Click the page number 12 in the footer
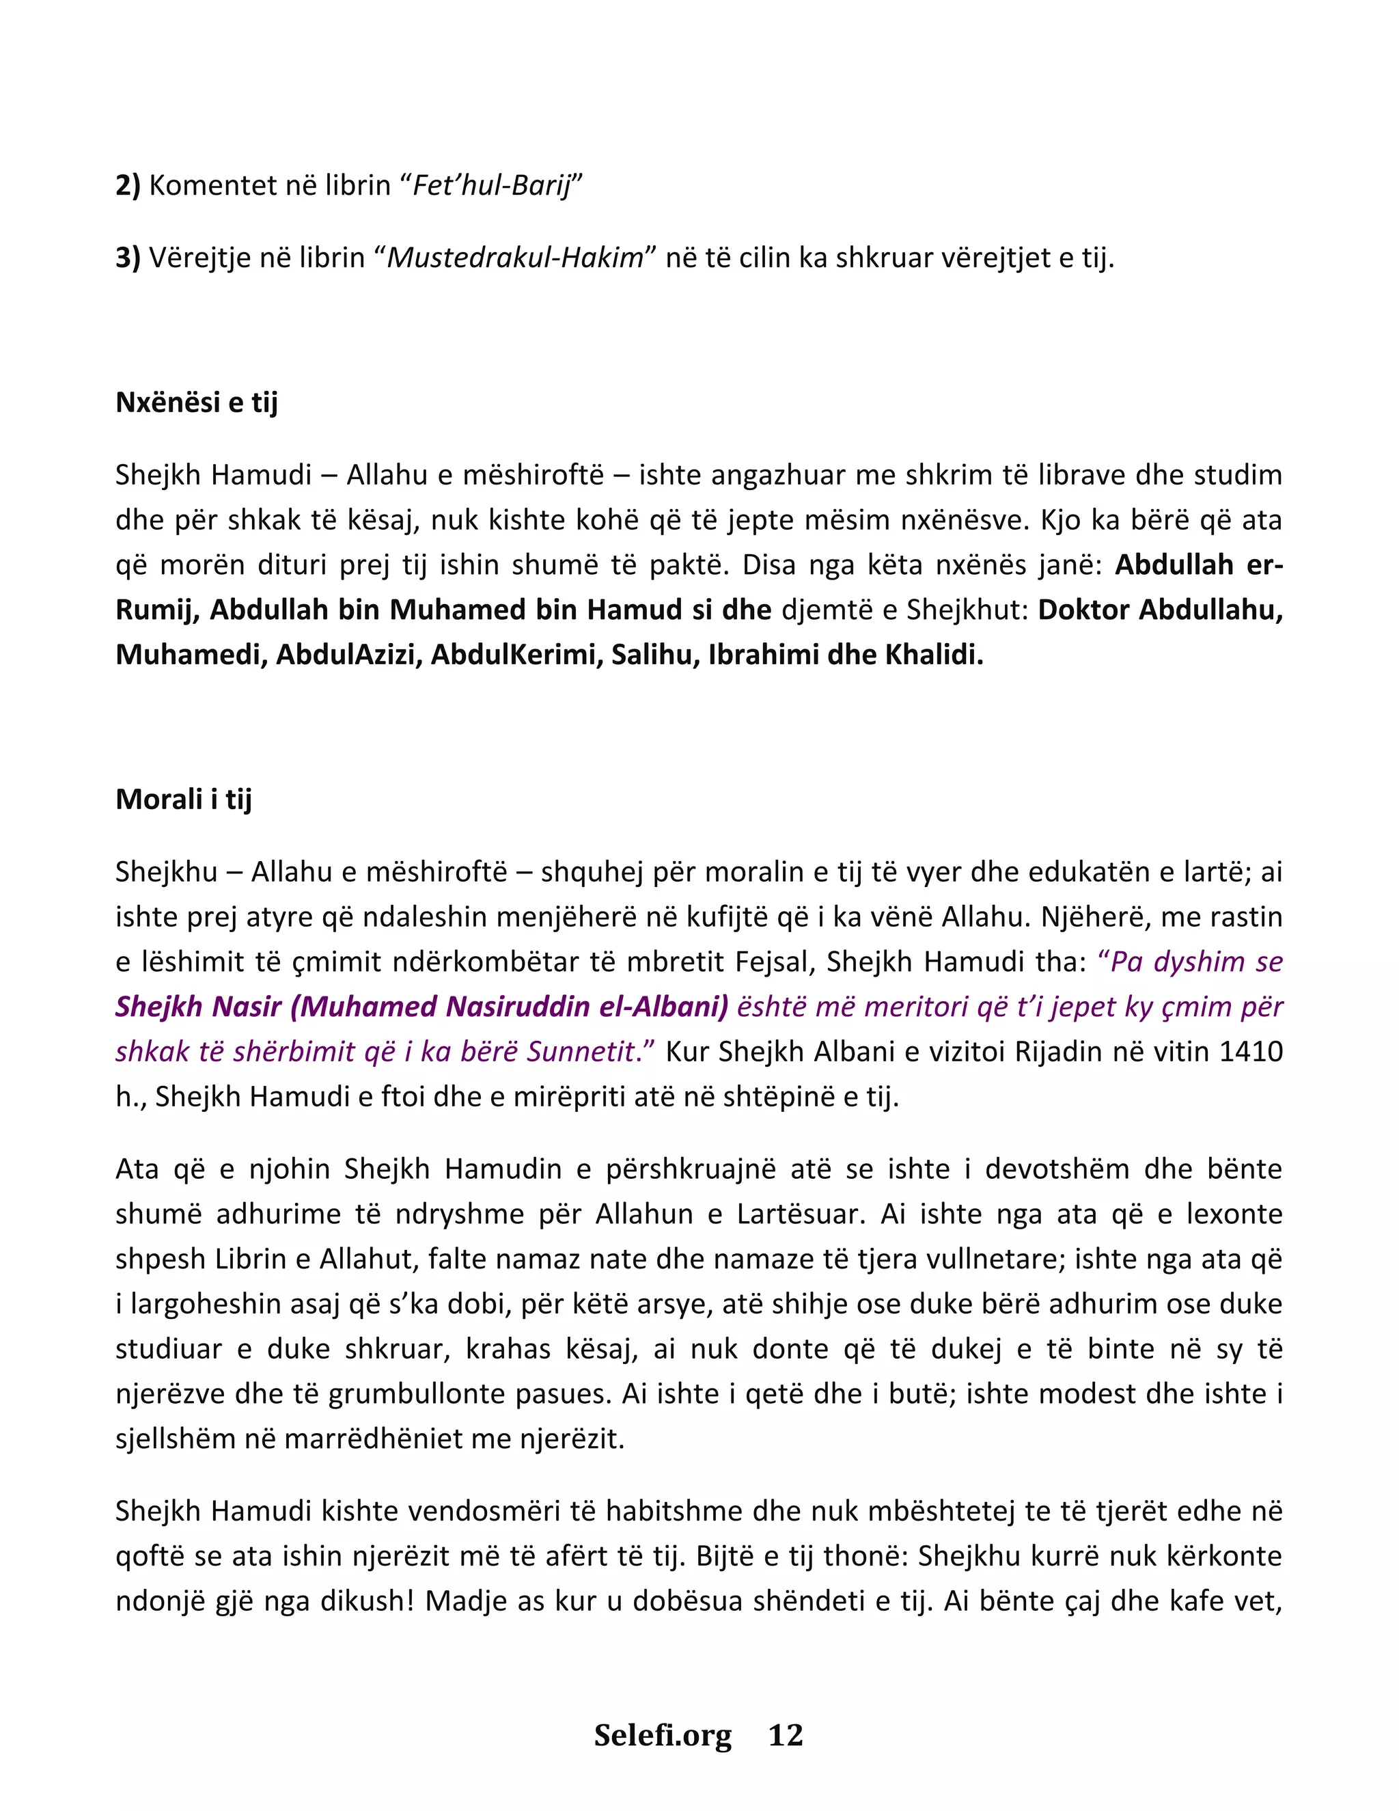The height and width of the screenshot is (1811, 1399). point(786,1734)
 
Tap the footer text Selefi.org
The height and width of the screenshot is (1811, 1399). point(663,1734)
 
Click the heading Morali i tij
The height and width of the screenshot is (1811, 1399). point(183,800)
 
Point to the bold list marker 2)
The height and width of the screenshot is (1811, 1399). point(128,185)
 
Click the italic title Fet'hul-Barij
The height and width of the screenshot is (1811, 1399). point(493,185)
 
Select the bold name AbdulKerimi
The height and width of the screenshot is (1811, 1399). point(516,655)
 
